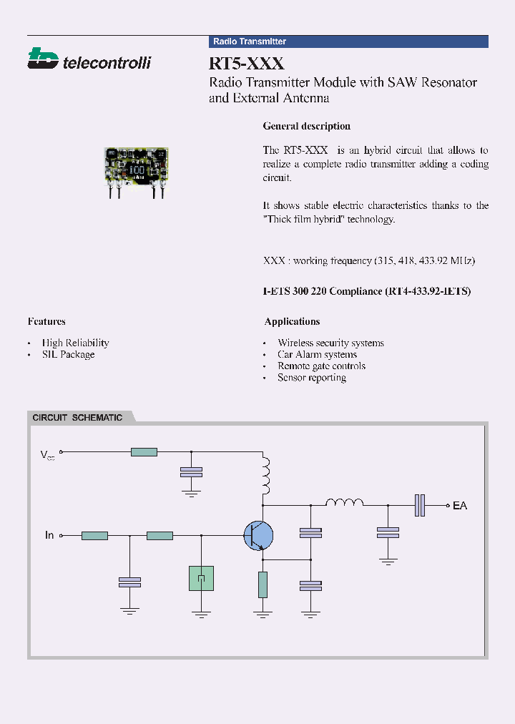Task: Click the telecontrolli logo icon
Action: pos(42,59)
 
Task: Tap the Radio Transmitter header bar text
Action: pos(250,41)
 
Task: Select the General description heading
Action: pos(306,126)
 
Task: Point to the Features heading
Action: pos(46,321)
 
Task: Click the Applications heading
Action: pos(292,321)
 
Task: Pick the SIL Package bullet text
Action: pos(68,354)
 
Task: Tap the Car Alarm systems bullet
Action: pos(317,354)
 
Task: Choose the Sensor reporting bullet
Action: pos(312,377)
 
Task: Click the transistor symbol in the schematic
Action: pos(258,535)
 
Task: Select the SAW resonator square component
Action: pos(202,578)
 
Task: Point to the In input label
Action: pos(49,535)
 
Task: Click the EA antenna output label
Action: pos(460,506)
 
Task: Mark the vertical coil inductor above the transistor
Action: pos(265,476)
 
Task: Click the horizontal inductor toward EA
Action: pos(345,504)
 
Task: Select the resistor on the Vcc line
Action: pos(144,451)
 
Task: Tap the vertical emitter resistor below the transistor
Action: pos(263,584)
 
